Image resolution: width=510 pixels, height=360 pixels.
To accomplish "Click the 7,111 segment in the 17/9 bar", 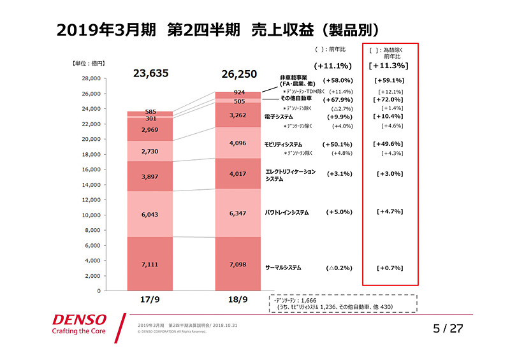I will click(150, 264).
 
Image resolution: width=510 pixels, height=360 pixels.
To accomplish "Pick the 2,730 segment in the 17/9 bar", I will click(150, 151).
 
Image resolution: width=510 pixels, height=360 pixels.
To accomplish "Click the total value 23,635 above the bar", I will click(150, 73).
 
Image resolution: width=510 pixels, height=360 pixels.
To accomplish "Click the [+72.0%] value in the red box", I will click(390, 100).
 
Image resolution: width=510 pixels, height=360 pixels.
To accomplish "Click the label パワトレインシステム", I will click(287, 212).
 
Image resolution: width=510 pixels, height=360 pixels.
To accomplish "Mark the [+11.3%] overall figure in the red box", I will click(389, 65).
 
